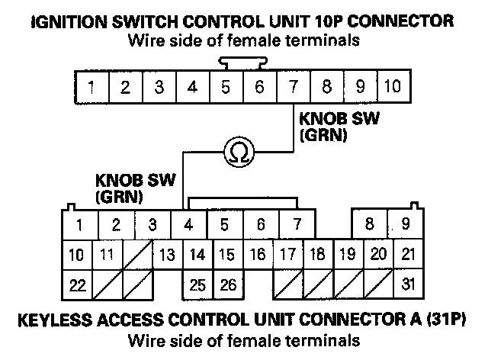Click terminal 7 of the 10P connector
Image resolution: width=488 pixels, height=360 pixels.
coord(293,86)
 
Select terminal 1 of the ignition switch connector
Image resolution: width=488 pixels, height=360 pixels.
coord(91,86)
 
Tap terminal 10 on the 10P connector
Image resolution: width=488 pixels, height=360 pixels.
coord(392,86)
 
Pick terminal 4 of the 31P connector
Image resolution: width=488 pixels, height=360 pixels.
coord(188,224)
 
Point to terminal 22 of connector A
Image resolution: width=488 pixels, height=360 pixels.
coord(76,286)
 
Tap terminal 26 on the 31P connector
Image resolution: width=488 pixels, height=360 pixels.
coord(227,286)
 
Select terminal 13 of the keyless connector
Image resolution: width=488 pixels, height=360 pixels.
coord(168,255)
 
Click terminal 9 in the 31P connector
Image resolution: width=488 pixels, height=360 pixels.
coord(406,224)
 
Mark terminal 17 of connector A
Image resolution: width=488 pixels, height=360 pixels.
coord(288,255)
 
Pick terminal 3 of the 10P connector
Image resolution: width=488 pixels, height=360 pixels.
coord(159,86)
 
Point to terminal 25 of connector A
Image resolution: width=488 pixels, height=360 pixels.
coord(197,286)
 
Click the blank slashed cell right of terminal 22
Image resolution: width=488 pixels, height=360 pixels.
coord(107,286)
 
